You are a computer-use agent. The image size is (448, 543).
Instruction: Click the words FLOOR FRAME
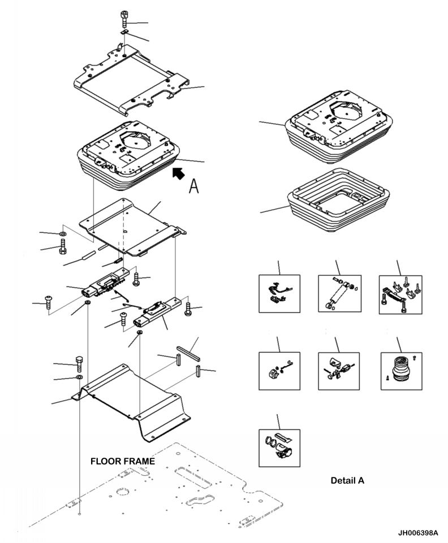pos(122,462)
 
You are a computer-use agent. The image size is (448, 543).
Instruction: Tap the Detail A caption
pos(347,481)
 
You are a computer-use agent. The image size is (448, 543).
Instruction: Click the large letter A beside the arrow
pos(193,185)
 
